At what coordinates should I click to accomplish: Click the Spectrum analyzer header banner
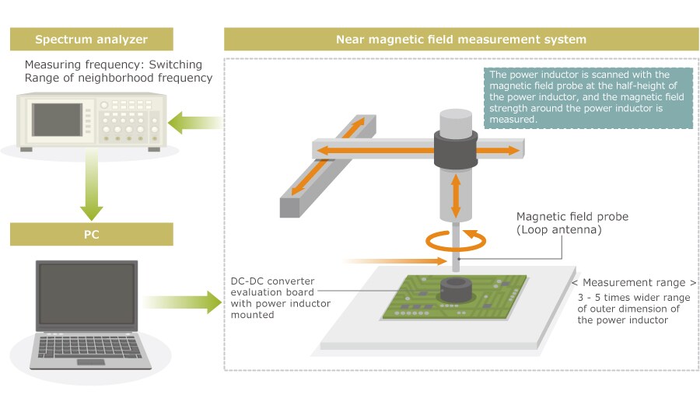click(x=91, y=39)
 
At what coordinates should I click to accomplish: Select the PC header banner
click(x=91, y=234)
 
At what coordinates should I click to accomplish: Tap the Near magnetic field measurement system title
click(x=460, y=39)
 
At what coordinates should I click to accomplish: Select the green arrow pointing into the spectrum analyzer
click(x=194, y=122)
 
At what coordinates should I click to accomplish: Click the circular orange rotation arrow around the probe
click(x=457, y=240)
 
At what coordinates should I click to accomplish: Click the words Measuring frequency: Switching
click(x=114, y=64)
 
